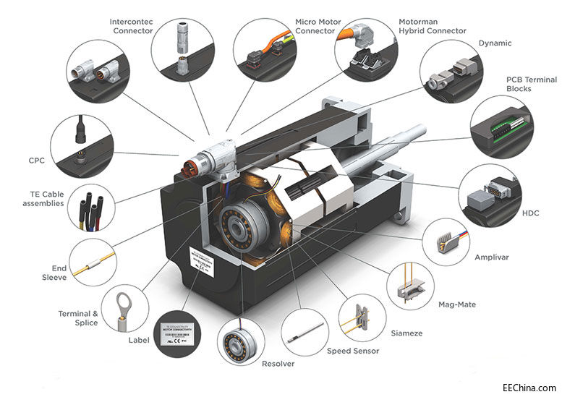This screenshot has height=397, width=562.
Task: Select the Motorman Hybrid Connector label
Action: tap(433, 27)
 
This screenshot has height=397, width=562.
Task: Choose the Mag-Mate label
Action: tap(457, 304)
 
